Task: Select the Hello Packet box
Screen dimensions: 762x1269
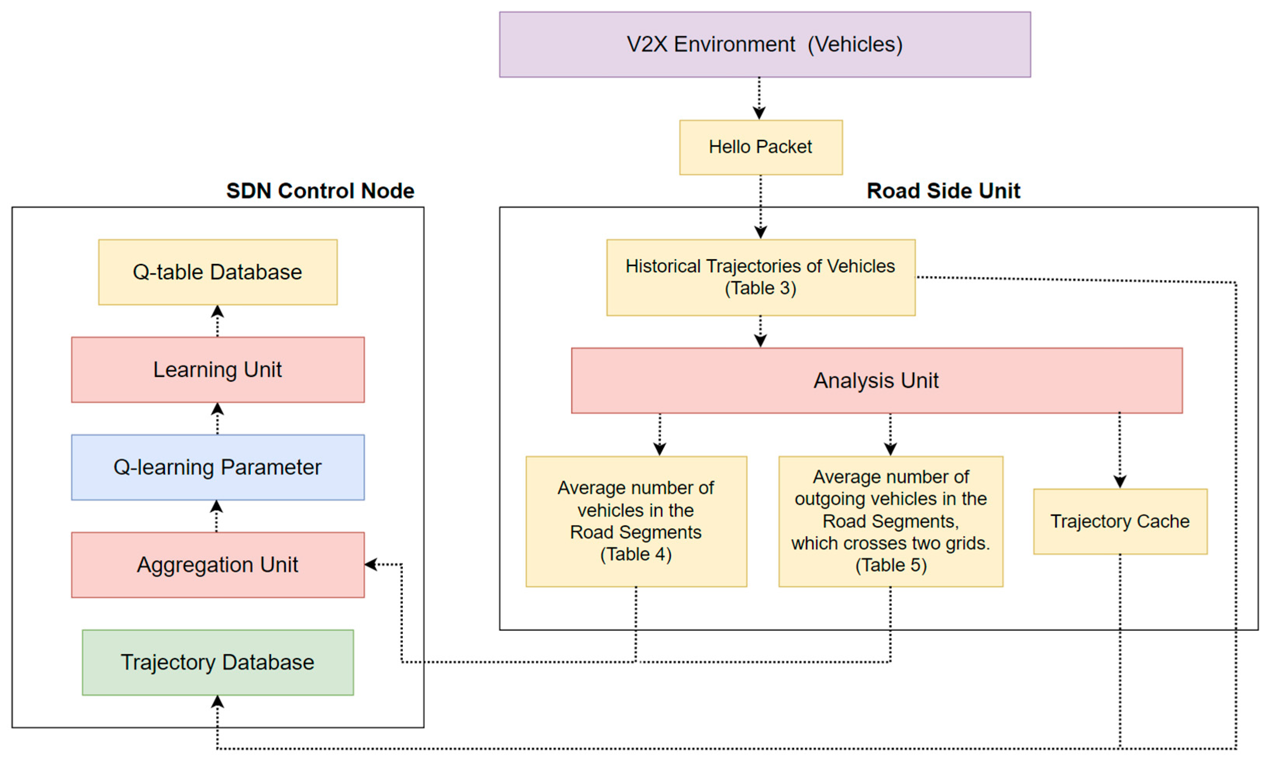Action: coord(760,147)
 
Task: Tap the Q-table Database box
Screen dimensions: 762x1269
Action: coord(218,272)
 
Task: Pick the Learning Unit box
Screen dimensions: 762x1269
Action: coord(218,370)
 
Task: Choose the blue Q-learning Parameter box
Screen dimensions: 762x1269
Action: coord(218,467)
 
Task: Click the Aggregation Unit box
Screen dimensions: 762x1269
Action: coord(218,565)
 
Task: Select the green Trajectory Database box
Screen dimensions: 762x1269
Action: coord(218,662)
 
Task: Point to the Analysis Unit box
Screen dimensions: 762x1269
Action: coord(876,380)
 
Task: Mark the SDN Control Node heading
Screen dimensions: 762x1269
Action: coord(320,191)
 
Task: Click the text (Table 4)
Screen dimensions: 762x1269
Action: coord(636,555)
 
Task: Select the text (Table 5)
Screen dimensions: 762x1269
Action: coord(891,565)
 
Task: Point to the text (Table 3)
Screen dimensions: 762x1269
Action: coord(760,288)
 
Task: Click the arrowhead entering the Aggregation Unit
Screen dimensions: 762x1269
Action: coord(371,565)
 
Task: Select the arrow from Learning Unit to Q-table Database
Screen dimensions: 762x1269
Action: coord(218,320)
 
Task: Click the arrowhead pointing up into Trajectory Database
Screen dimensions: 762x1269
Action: coord(218,702)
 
